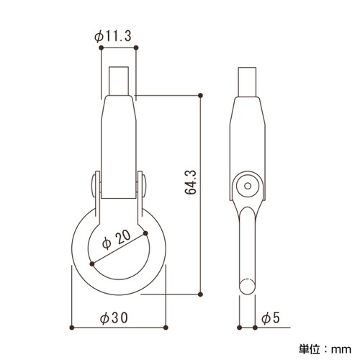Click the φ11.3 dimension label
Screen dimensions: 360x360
click(x=113, y=37)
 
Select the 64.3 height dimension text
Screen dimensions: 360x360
click(x=191, y=182)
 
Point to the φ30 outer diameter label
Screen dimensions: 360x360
click(x=114, y=318)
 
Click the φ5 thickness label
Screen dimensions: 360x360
click(x=271, y=318)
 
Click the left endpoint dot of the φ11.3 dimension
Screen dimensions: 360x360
click(x=101, y=48)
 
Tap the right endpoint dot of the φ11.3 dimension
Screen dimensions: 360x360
click(x=136, y=48)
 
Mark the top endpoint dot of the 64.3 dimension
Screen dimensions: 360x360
click(x=201, y=96)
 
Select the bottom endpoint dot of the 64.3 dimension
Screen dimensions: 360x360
click(x=201, y=294)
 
